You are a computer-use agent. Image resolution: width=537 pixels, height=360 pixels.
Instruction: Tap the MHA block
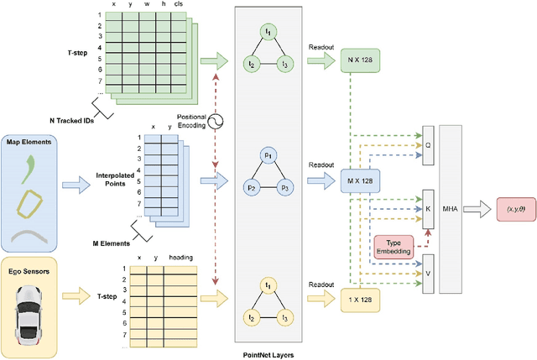[451, 206]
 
